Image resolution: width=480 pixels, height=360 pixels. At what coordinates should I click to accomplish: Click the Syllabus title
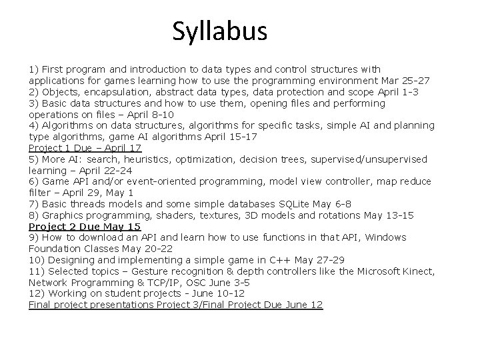tap(219, 31)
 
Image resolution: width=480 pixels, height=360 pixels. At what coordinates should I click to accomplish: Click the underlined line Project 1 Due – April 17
tap(85, 148)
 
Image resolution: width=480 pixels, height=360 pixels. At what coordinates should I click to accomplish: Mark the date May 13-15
tap(389, 215)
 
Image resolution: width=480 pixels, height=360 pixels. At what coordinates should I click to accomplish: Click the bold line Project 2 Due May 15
tap(85, 227)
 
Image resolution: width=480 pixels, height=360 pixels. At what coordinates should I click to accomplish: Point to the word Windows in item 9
tap(385, 237)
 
